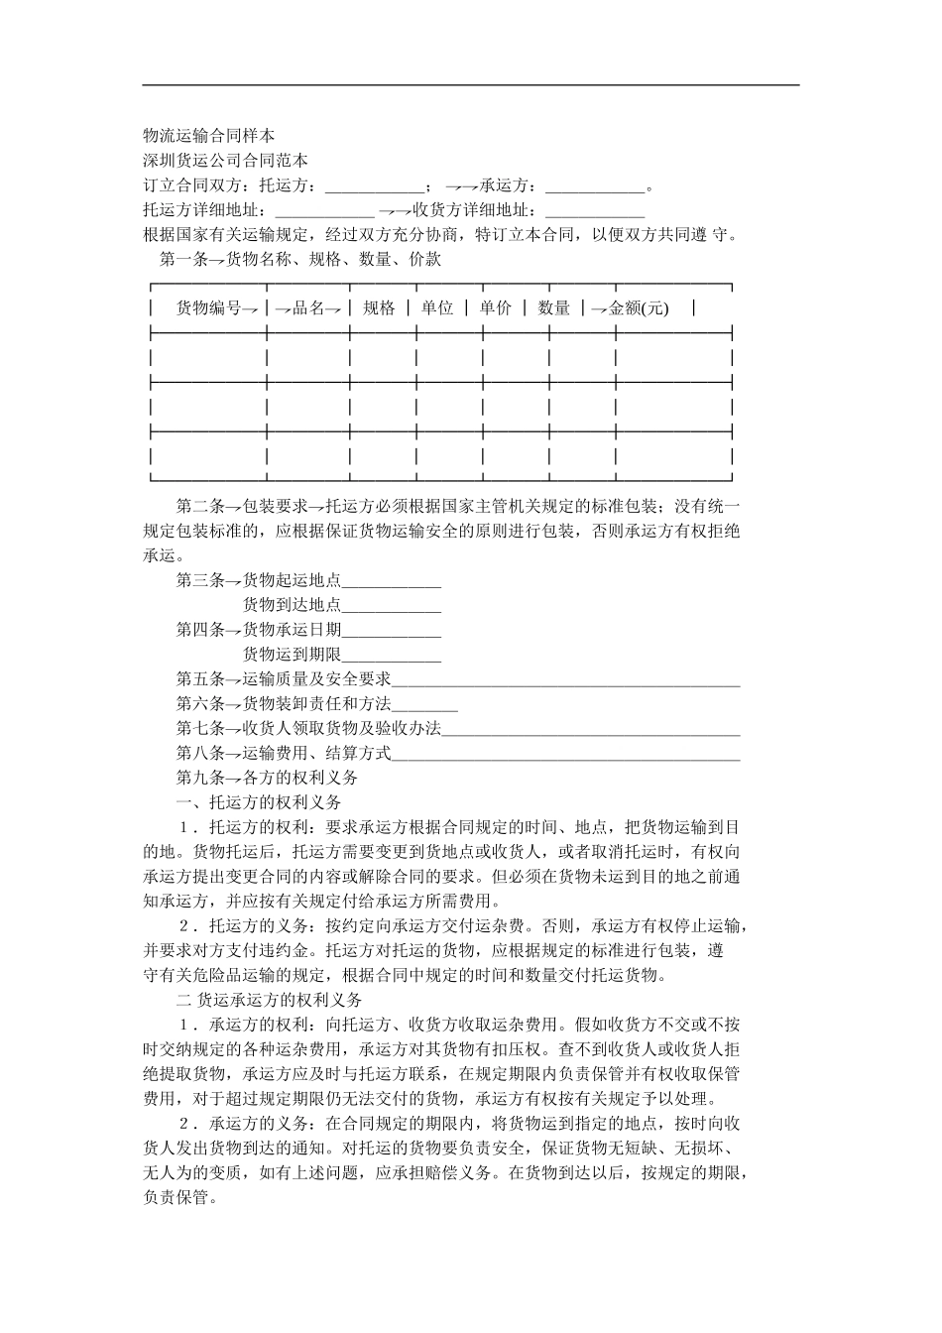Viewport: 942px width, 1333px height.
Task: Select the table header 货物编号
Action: pos(209,308)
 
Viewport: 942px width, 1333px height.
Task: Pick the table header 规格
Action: pos(379,308)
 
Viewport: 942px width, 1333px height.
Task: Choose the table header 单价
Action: pos(496,308)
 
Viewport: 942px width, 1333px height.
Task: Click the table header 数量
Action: pos(554,308)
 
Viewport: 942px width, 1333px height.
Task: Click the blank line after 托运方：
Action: pos(374,187)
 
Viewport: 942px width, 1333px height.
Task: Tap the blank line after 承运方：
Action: pos(595,187)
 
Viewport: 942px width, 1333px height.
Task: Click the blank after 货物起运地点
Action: pos(392,582)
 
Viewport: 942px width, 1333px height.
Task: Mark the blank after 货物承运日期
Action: pos(392,631)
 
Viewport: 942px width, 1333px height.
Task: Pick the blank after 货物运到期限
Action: pos(392,656)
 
